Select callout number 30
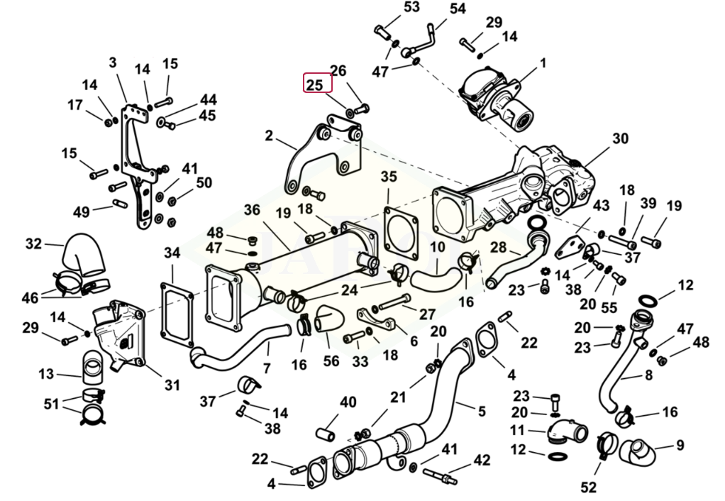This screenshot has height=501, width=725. tap(620, 138)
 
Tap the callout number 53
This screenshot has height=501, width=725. tap(392, 8)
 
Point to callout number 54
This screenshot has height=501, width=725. tap(458, 9)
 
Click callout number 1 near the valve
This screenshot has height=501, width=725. tap(543, 63)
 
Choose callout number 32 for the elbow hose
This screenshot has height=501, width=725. tap(34, 243)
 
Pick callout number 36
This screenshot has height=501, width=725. tap(252, 210)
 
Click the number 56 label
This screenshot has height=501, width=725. tap(331, 360)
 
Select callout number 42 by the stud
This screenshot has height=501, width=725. tap(482, 461)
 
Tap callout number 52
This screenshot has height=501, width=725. tap(589, 487)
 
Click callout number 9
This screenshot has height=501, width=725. tap(680, 446)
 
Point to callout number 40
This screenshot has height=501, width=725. tap(348, 402)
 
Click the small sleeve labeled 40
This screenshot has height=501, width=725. tap(327, 432)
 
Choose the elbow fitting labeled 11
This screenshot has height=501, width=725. tap(565, 429)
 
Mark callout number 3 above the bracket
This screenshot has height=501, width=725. tap(112, 62)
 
